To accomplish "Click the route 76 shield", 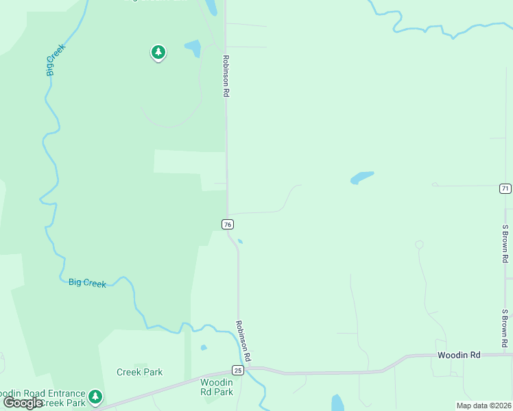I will point(228,224).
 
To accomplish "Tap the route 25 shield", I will point(237,370).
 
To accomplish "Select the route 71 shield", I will point(505,188).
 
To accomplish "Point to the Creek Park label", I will point(139,372).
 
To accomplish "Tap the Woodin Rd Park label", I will point(217,387).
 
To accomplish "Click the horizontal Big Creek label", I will point(87,282).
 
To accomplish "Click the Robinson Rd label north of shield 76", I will point(224,76).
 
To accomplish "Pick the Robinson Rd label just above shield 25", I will point(243,341).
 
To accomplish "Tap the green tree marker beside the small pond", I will point(158,52).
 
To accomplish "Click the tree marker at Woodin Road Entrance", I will point(95,396).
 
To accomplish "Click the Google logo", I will point(23,403).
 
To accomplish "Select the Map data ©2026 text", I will point(483,406).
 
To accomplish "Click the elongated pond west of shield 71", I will point(361,178).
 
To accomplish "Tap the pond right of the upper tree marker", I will point(193,48).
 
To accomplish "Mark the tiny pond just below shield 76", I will point(239,241).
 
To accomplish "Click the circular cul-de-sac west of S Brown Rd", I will point(419,245).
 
